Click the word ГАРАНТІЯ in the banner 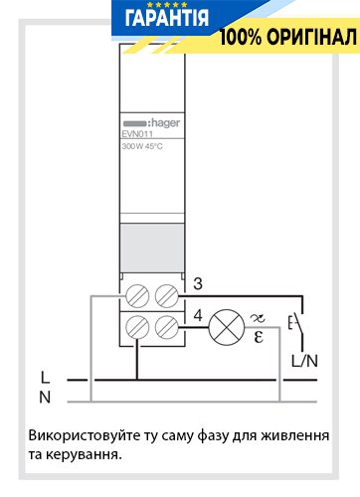coord(167,18)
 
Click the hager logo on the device coord(151,123)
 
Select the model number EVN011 coord(137,134)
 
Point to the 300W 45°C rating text coord(142,146)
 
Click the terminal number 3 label coord(198,283)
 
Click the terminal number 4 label coord(198,315)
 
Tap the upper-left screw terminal coord(137,296)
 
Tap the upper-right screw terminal coord(166,296)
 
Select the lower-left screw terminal coord(137,327)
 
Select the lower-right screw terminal coord(166,327)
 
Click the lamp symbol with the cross coord(227,327)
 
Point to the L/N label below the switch coord(304,361)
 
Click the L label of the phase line coord(45,378)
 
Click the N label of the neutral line coord(45,397)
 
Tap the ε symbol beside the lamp coord(259,337)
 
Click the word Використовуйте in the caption coord(85,435)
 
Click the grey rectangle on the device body coord(152,248)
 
